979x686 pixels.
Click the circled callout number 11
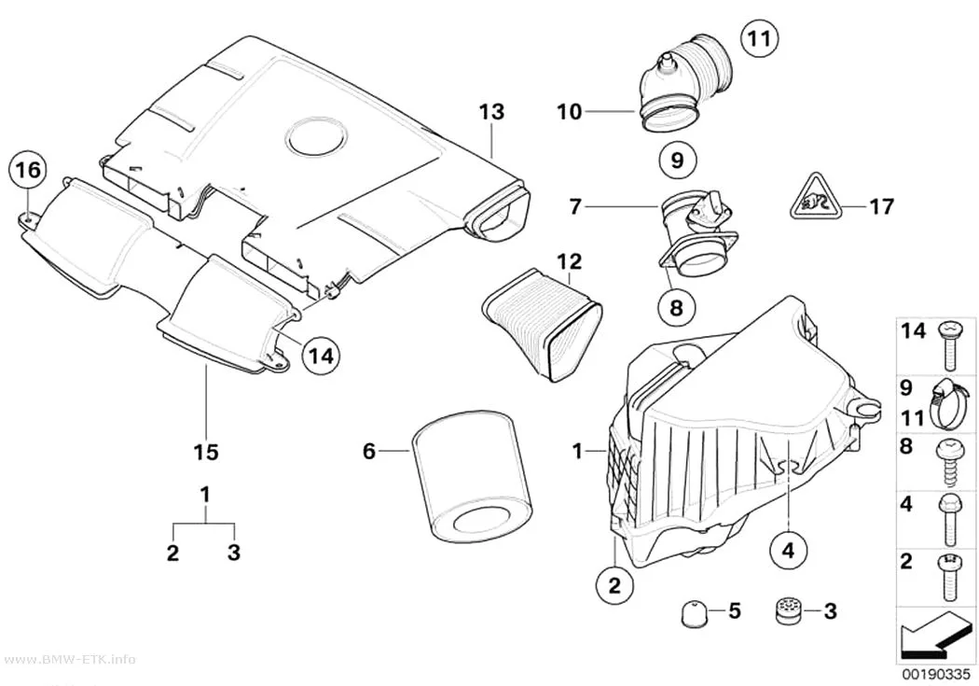click(x=760, y=39)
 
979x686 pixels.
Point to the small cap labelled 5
click(x=691, y=611)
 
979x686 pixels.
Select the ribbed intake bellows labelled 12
click(x=542, y=325)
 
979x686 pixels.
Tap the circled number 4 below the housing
click(x=788, y=551)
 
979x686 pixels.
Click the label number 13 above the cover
click(x=492, y=112)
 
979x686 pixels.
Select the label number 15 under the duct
click(x=206, y=451)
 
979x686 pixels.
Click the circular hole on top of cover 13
click(x=315, y=136)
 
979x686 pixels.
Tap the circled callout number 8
click(x=676, y=307)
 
